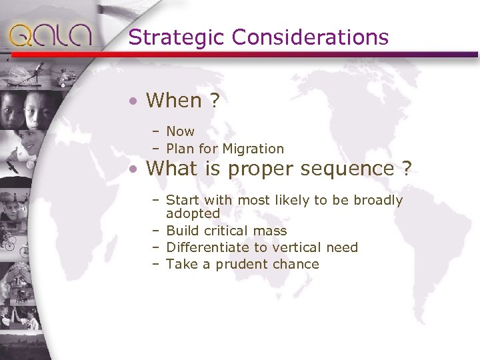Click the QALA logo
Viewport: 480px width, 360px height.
click(50, 35)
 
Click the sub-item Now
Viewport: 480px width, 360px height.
click(180, 131)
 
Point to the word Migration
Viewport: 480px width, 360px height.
click(253, 149)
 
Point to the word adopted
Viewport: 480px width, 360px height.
click(193, 214)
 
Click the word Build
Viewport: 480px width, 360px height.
click(181, 231)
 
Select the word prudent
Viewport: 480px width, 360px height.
click(235, 265)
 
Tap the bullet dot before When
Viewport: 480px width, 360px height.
click(134, 102)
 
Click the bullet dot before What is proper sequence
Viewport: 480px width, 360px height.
click(134, 170)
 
